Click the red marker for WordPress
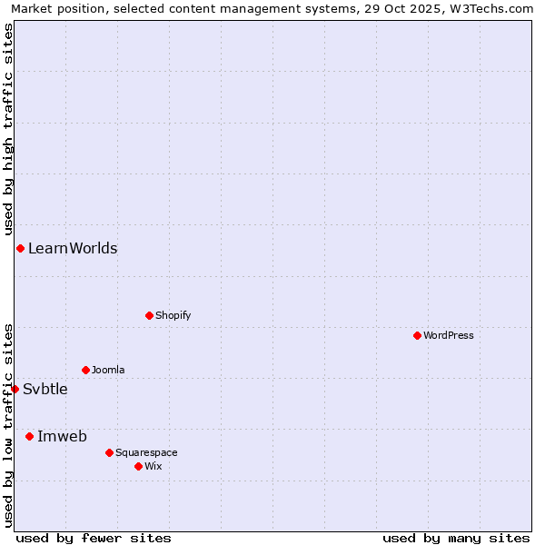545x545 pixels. click(417, 335)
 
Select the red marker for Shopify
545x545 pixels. click(149, 315)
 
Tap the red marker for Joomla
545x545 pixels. click(85, 370)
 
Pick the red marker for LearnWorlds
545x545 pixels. click(20, 248)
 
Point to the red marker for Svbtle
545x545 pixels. click(15, 389)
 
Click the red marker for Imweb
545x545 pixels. click(29, 436)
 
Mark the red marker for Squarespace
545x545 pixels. click(109, 452)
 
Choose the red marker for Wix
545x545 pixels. click(138, 466)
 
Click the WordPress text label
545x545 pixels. click(449, 335)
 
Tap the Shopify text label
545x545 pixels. click(173, 315)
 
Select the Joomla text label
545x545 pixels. click(108, 370)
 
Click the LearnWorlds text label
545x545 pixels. click(73, 248)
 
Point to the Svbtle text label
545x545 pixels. click(45, 389)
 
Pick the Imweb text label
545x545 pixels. click(62, 436)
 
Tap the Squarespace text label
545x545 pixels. click(146, 452)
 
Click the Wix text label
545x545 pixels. click(153, 466)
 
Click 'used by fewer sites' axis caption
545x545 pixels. click(94, 538)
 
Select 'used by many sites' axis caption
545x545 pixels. click(456, 538)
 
